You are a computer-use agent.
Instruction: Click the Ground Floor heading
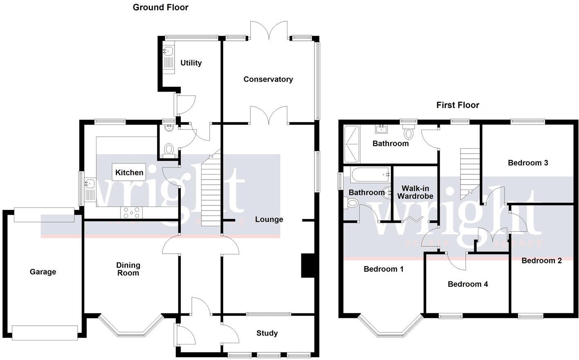[x=160, y=7]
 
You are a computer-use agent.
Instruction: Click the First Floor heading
[x=458, y=105]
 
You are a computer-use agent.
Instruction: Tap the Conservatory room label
[x=268, y=79]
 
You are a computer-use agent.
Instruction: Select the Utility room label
[x=191, y=63]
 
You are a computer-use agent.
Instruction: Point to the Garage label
[x=43, y=272]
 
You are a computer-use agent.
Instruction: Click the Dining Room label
[x=128, y=269]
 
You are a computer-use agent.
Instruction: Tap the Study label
[x=267, y=333]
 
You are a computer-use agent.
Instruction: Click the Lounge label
[x=269, y=220]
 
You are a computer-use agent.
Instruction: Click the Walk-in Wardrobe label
[x=415, y=192]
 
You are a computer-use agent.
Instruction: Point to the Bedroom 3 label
[x=527, y=163]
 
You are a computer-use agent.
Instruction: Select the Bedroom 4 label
[x=467, y=284]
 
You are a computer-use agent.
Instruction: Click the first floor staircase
[x=469, y=172]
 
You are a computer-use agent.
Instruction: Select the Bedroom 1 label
[x=383, y=269]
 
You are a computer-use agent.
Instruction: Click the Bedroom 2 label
[x=541, y=261]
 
